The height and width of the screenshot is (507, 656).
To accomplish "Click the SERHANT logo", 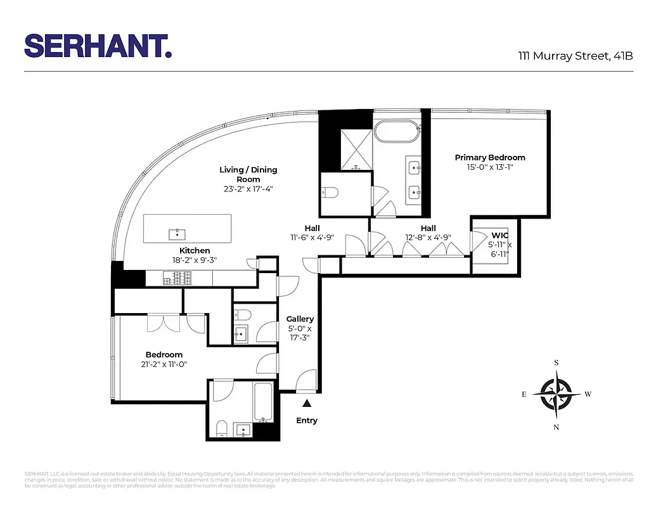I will coord(98,46).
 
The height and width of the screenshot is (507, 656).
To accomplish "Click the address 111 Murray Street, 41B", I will coord(575,56).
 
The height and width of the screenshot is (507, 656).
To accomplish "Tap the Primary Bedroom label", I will coord(489,158).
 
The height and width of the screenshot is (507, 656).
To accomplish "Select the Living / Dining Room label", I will coord(248,174).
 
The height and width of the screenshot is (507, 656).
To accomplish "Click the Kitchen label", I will coord(195,251).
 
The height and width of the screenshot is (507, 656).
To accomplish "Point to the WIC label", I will coord(500,234).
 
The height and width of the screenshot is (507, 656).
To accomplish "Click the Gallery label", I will coord(300,319).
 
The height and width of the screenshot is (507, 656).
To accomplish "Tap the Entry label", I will coord(307,420).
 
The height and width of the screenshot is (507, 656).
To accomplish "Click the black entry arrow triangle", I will coord(307,403).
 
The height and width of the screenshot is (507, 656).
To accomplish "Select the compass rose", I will coord(556,394).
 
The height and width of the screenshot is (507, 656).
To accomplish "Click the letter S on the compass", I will coord(556,363).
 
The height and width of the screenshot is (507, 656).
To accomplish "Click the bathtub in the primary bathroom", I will coord(397,132).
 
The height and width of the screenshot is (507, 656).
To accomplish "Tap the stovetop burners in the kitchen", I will coord(177,278).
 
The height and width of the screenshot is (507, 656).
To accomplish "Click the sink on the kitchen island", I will coord(177,234).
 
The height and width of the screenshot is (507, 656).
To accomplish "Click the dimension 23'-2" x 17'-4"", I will coord(248,189).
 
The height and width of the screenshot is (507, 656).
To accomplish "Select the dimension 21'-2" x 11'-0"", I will coord(164,364).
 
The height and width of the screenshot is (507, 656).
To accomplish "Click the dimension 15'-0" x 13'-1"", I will coord(489,168).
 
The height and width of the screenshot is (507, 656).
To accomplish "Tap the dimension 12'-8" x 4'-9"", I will coord(428,238).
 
